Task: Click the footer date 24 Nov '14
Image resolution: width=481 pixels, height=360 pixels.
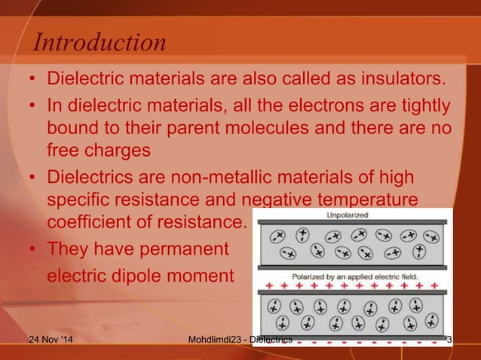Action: [x=51, y=346]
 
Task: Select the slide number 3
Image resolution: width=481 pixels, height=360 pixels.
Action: [x=450, y=346]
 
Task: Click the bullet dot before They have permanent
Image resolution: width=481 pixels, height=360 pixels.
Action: [x=33, y=249]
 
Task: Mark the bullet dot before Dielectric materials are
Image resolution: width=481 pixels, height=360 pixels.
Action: [x=33, y=79]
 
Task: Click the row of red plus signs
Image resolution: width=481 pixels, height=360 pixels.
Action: [x=351, y=288]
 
